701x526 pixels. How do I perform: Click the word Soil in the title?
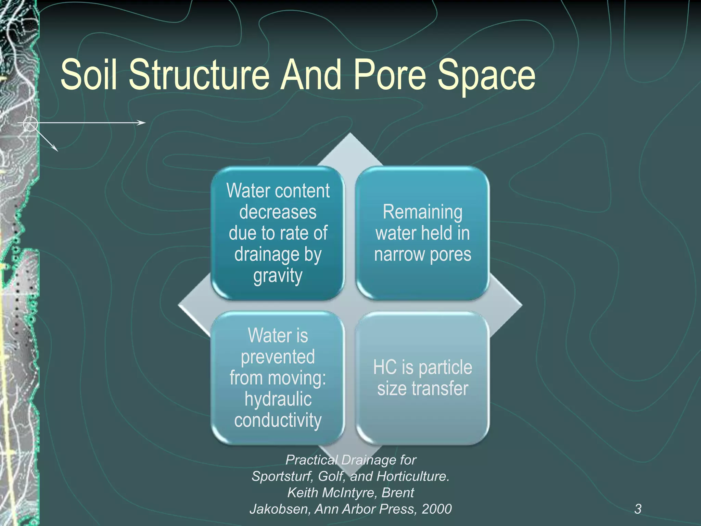click(x=89, y=74)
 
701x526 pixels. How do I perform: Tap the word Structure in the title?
click(x=199, y=74)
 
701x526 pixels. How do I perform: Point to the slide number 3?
click(x=638, y=509)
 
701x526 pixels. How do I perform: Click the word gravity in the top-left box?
click(x=278, y=276)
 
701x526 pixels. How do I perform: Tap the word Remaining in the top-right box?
click(x=422, y=212)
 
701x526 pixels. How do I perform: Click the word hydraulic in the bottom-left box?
click(x=278, y=400)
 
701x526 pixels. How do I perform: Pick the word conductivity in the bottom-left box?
click(x=278, y=421)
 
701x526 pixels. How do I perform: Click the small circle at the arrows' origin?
click(x=30, y=124)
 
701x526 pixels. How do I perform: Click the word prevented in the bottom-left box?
click(x=278, y=357)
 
